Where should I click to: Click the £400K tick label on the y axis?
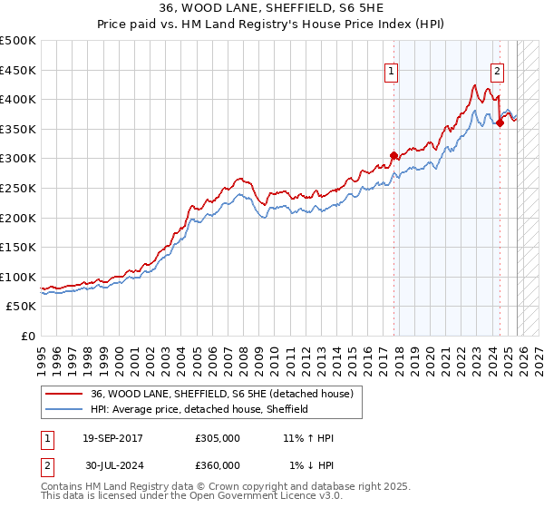click(x=18, y=100)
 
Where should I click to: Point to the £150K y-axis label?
click(x=18, y=247)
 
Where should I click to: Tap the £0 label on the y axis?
click(x=29, y=336)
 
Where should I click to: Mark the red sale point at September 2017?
click(x=393, y=155)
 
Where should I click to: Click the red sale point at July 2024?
click(x=500, y=123)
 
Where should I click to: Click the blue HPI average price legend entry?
click(x=199, y=409)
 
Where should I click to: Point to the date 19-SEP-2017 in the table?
click(x=112, y=438)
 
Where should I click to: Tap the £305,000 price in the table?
click(x=218, y=438)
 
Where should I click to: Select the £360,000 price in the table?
click(x=218, y=464)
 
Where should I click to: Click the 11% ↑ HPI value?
click(x=308, y=438)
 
